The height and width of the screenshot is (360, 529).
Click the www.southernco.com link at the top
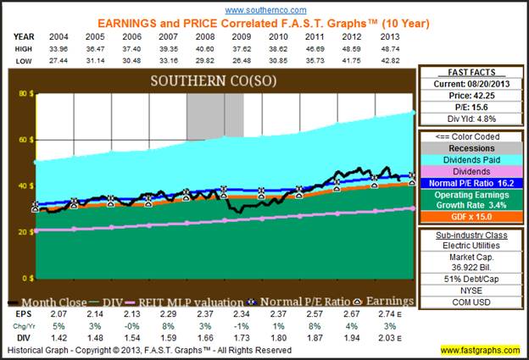pos(265,8)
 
